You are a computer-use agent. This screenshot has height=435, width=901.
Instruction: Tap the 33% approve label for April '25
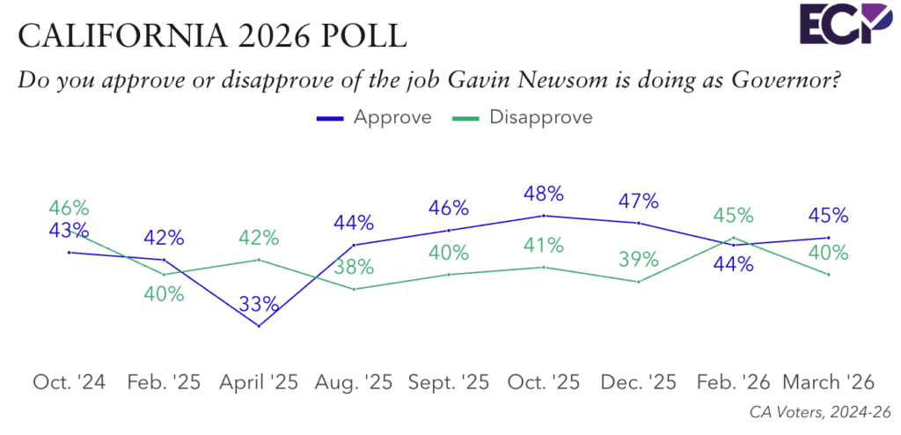click(x=260, y=306)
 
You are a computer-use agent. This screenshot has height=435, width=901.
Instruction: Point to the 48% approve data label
click(x=544, y=194)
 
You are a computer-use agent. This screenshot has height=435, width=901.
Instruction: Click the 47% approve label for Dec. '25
click(x=638, y=201)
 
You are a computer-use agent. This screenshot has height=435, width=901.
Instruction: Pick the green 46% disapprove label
click(x=69, y=209)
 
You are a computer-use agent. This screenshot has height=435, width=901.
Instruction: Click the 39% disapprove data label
click(x=638, y=260)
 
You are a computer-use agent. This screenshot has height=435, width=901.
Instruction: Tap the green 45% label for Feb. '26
click(x=733, y=216)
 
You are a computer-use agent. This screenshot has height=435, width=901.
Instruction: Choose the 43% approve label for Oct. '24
click(x=69, y=230)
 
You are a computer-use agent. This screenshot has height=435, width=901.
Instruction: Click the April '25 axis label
click(x=259, y=382)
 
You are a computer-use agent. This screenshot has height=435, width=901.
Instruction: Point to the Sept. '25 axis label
click(x=448, y=382)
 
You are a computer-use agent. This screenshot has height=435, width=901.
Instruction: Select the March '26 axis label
click(x=828, y=382)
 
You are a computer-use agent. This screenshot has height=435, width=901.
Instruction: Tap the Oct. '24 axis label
click(x=69, y=382)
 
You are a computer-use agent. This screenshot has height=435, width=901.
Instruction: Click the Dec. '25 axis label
click(x=638, y=382)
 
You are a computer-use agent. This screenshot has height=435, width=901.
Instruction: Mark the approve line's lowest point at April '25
click(x=259, y=326)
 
